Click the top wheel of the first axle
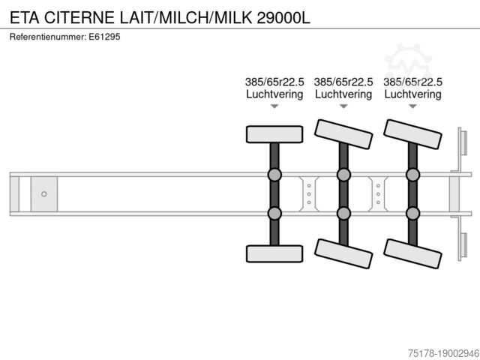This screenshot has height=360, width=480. [274, 134]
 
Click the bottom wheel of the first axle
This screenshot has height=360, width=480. [274, 253]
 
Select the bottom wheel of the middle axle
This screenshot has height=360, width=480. [343, 253]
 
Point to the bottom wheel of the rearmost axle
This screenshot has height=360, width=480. [412, 253]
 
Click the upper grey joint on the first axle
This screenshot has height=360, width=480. [274, 175]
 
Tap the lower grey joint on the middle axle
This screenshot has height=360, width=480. [343, 213]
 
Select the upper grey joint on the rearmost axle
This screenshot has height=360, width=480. [412, 175]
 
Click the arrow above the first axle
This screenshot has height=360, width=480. [274, 107]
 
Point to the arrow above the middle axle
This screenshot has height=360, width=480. [343, 107]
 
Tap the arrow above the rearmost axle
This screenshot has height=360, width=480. [412, 107]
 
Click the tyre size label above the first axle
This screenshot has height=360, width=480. [274, 82]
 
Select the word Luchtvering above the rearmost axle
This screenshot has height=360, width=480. [412, 94]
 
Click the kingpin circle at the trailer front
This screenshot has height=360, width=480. [44, 194]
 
